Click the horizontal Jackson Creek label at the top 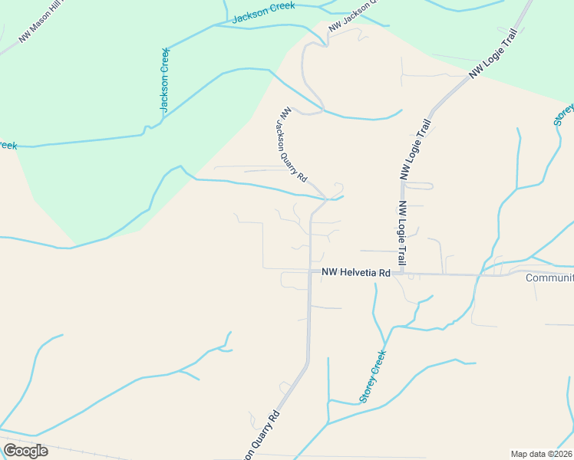click(263, 13)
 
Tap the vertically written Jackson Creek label click(164, 80)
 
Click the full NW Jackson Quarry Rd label click(294, 144)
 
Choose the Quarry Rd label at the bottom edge click(261, 435)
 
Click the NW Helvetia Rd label click(356, 272)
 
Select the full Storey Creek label click(372, 376)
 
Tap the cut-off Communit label click(549, 278)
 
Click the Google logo click(25, 451)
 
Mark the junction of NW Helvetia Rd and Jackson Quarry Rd click(309, 271)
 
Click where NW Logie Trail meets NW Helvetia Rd click(401, 274)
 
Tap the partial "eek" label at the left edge click(8, 145)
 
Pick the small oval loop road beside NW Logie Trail click(418, 186)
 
